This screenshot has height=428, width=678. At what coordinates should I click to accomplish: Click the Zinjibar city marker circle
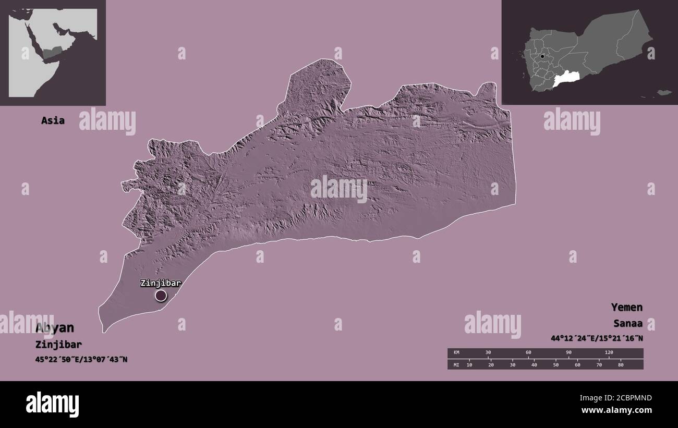161,296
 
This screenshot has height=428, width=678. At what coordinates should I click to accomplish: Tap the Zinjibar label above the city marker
160,283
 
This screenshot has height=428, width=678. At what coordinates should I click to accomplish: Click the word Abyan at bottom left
55,328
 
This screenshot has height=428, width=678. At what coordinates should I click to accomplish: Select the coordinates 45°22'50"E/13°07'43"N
82,359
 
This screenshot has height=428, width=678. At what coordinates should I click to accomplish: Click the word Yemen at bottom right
627,307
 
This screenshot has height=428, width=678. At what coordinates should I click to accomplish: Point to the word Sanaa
628,323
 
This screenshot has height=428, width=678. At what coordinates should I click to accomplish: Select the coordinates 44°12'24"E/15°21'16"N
597,338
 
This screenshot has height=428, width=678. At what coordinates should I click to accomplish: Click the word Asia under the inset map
53,120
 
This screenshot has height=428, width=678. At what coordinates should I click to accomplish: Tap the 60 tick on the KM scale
528,353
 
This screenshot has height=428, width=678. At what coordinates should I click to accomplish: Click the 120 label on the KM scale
609,353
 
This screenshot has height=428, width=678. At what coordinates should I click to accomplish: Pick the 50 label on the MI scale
556,364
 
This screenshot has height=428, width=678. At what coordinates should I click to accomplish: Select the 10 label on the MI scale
469,364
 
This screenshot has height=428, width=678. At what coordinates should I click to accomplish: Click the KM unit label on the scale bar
456,353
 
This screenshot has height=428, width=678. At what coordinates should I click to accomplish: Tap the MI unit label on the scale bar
456,364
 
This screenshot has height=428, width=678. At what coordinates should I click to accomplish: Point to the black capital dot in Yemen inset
542,56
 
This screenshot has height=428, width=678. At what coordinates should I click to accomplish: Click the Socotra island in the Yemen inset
663,93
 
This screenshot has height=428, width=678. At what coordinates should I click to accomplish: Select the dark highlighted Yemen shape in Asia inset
52,52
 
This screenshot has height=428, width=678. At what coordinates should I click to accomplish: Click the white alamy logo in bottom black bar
52,405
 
